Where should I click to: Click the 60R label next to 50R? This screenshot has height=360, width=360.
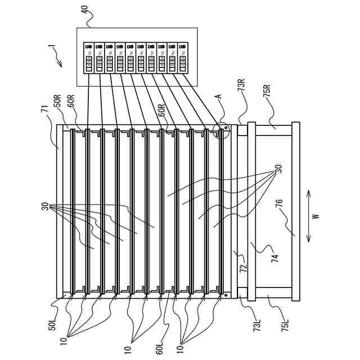[x=71, y=106]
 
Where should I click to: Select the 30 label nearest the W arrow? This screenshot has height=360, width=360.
[x=277, y=169]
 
